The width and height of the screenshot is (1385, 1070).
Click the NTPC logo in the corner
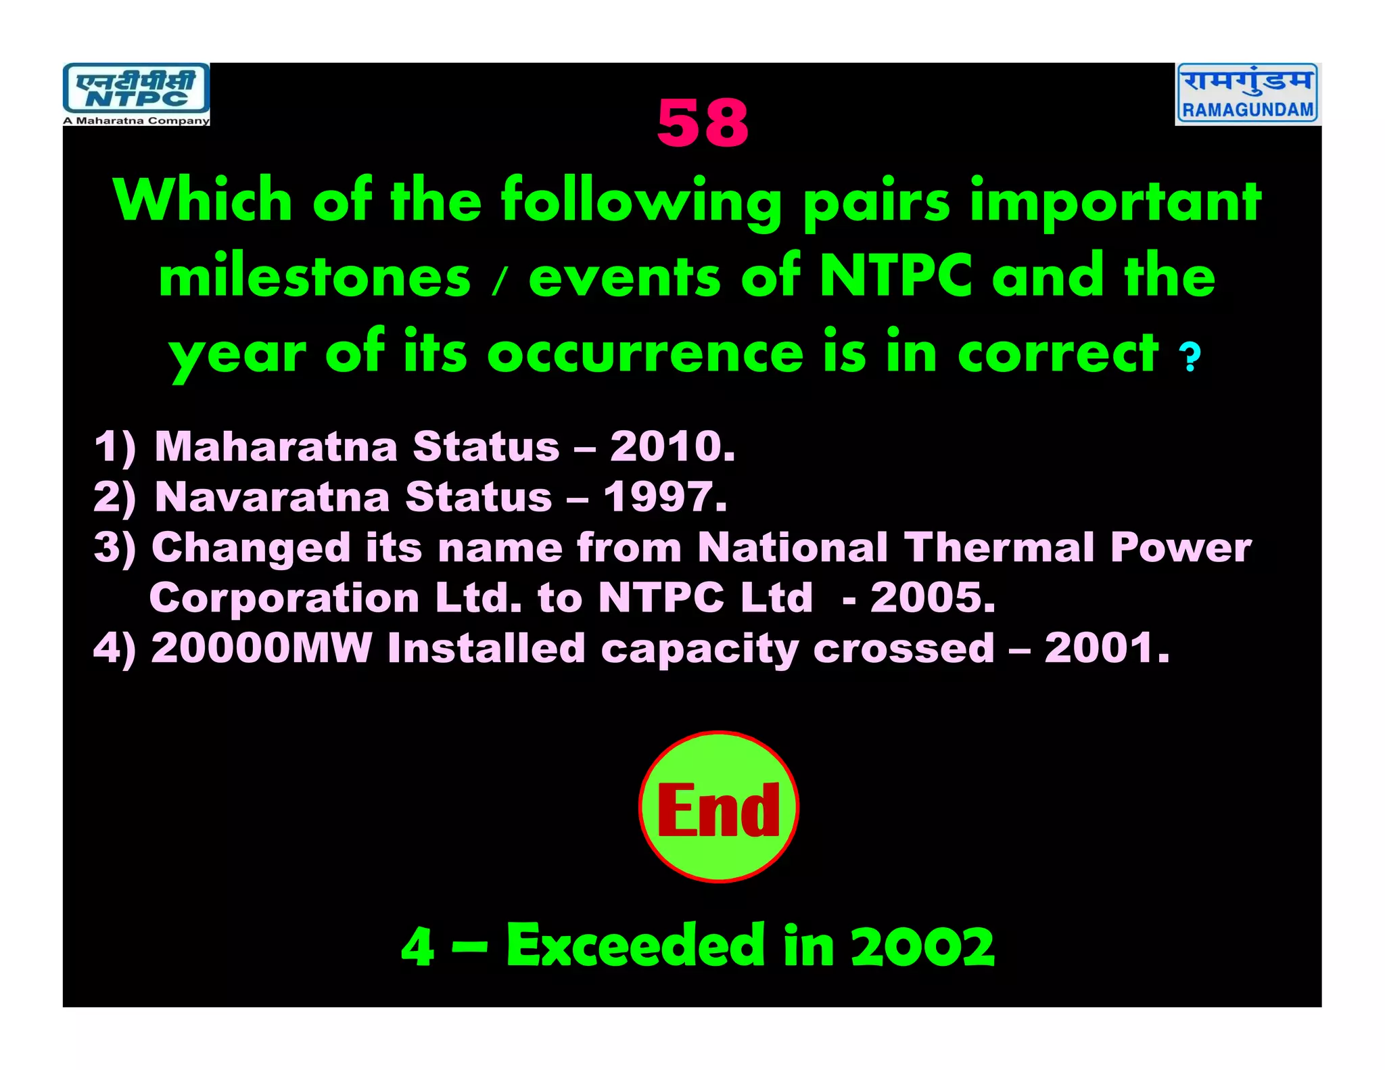click(136, 89)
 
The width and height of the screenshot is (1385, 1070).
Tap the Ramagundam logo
click(1248, 93)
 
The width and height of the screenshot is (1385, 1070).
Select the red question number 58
click(703, 123)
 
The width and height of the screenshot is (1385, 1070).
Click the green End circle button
click(718, 807)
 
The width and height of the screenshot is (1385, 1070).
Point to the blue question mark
click(1190, 357)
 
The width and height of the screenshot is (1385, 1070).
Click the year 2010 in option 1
click(672, 446)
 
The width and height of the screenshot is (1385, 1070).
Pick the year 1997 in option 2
click(664, 497)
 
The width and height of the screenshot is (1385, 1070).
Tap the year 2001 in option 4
click(1106, 648)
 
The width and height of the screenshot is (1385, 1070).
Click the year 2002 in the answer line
click(922, 946)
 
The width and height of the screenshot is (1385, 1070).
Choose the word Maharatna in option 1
click(276, 446)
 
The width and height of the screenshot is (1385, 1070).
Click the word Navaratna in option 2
click(273, 497)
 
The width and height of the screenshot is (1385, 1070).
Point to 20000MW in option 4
click(261, 648)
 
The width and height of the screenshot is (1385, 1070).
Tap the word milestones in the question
click(314, 278)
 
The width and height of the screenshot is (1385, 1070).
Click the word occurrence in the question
click(645, 353)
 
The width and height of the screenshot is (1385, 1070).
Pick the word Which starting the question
click(203, 201)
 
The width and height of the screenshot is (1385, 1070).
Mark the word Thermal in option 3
click(999, 547)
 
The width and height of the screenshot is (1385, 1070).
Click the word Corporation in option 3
click(284, 598)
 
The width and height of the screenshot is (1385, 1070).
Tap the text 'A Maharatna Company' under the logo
click(136, 121)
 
